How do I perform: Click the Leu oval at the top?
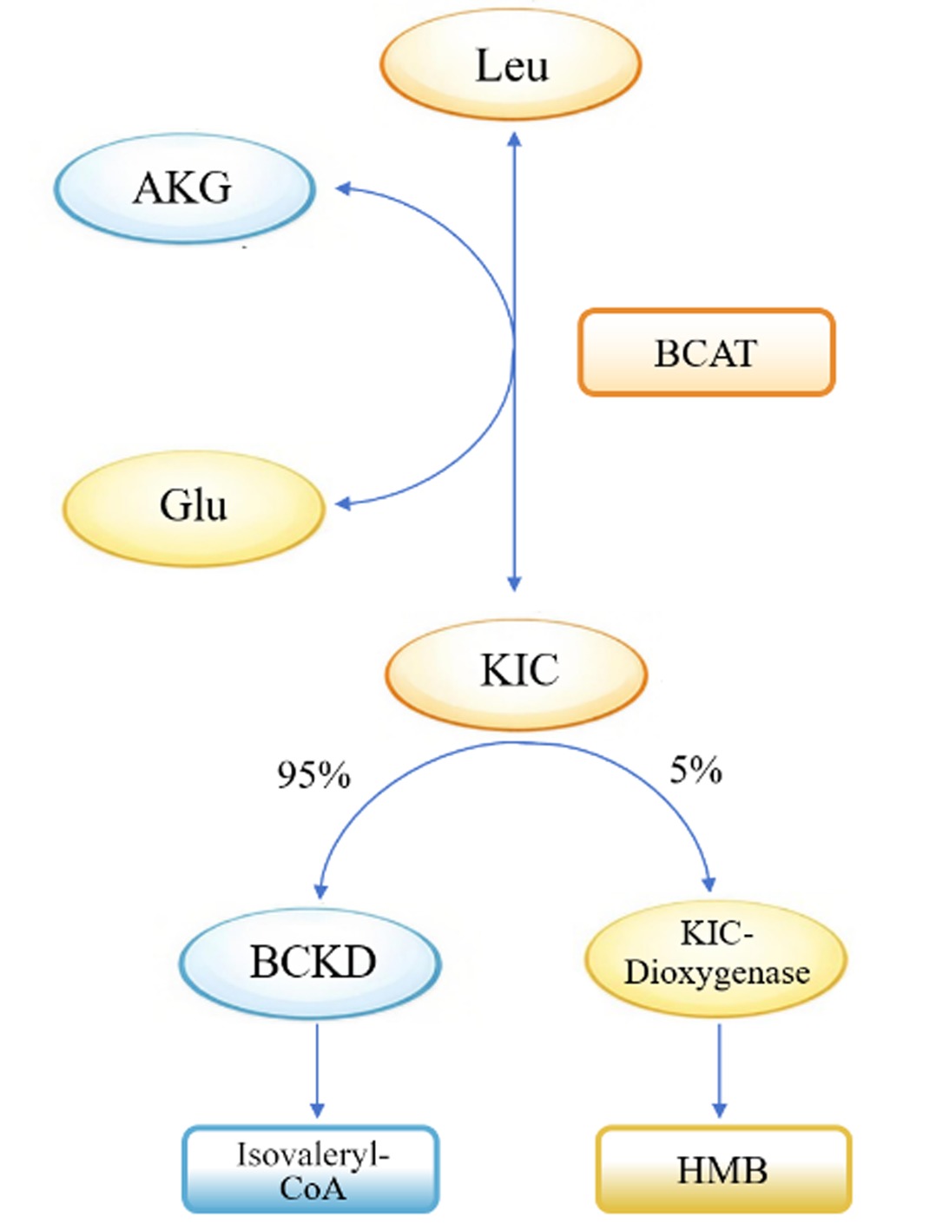(511, 64)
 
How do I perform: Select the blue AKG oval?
(184, 188)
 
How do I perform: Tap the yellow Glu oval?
(194, 508)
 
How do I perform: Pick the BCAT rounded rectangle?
(706, 352)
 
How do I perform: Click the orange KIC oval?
(517, 674)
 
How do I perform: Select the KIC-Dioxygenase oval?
(717, 960)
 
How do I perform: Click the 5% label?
(695, 772)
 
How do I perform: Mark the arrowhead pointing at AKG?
(342, 189)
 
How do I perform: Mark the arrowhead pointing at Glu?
(342, 503)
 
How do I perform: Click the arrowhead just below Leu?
(515, 139)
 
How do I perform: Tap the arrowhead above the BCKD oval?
(320, 891)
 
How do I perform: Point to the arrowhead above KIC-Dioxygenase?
(709, 884)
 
